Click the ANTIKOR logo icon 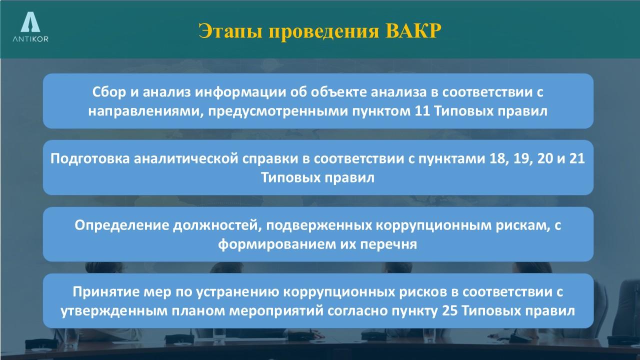pos(30,22)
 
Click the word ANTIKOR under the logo pos(30,39)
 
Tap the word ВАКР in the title pos(413,31)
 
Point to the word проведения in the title pos(324,32)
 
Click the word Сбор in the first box pos(109,92)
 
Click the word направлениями pos(145,111)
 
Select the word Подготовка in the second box pos(90,158)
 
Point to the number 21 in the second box pos(577,158)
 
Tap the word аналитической pos(186,159)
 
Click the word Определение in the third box pos(121,225)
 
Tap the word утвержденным pos(114,311)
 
